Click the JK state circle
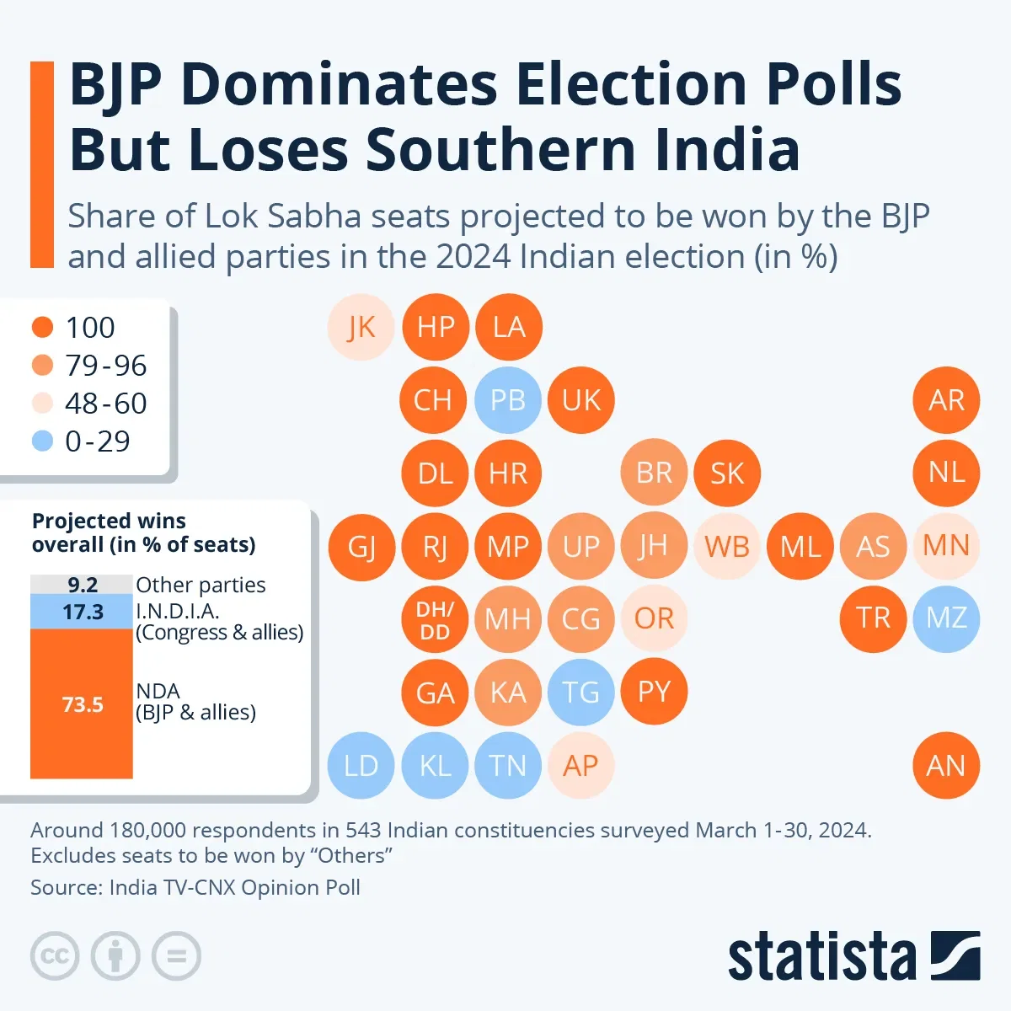coord(361,327)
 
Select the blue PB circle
coord(507,400)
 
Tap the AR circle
coord(946,400)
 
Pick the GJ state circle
coord(361,547)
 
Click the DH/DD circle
coord(435,620)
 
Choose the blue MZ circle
coord(946,619)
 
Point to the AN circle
coord(946,766)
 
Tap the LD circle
coord(361,766)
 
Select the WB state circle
coord(727,547)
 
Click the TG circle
coord(580,693)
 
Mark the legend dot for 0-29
coord(42,441)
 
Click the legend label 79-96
coord(106,366)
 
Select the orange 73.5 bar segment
coord(82,703)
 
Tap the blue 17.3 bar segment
coord(82,612)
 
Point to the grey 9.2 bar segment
coord(82,585)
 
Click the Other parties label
coord(201,585)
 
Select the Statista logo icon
coord(955,955)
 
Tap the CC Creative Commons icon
coord(55,956)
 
